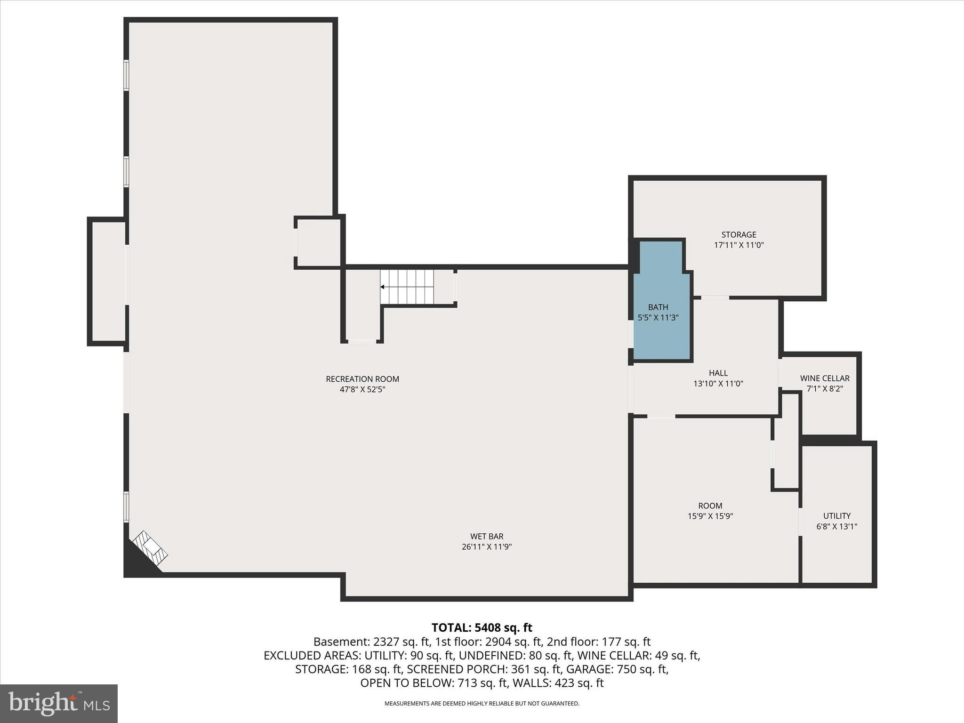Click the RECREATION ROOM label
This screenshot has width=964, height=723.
click(x=362, y=379)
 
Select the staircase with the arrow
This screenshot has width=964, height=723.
click(x=407, y=287)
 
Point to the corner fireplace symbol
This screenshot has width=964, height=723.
click(x=150, y=548)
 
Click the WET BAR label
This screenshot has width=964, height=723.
click(x=487, y=536)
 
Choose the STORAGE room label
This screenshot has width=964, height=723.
click(x=739, y=234)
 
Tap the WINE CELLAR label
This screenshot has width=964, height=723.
click(x=825, y=378)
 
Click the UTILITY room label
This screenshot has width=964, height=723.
click(x=836, y=515)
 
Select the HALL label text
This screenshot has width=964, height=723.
click(x=718, y=373)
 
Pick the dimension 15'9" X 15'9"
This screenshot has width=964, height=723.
click(x=710, y=516)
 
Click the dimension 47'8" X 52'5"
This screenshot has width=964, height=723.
click(x=362, y=390)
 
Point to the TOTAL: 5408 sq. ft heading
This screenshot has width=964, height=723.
click(x=482, y=627)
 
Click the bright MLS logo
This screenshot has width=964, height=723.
click(x=59, y=704)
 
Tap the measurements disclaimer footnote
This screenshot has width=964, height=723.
click(x=482, y=704)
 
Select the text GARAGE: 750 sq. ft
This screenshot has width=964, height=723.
click(x=617, y=669)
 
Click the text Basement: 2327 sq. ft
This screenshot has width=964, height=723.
click(x=372, y=642)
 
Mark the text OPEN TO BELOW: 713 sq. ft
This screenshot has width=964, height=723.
click(x=434, y=683)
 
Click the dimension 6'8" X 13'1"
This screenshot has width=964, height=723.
click(x=836, y=527)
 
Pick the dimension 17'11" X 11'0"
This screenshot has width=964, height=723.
click(x=739, y=245)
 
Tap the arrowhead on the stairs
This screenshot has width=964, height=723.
click(x=383, y=287)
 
